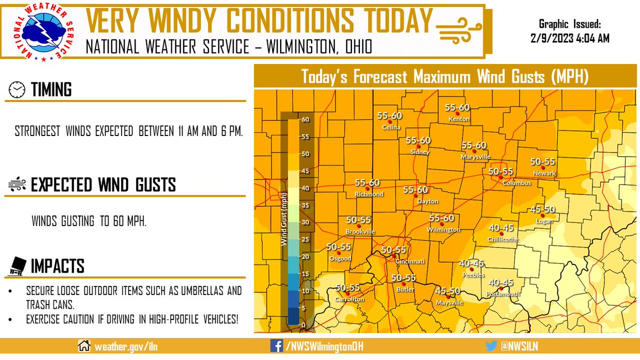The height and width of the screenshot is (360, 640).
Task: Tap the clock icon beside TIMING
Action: click(x=17, y=90)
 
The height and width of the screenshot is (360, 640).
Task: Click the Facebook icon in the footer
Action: click(x=276, y=346)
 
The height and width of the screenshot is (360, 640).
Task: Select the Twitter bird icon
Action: click(x=492, y=346)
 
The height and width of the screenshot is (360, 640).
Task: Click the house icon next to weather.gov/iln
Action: click(x=84, y=346)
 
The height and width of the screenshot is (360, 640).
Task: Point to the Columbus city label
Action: click(x=517, y=183)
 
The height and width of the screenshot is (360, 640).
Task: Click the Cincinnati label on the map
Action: click(x=409, y=262)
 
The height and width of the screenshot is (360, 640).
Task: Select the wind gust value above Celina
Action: click(x=389, y=115)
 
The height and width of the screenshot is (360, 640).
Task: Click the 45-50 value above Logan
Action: click(x=542, y=210)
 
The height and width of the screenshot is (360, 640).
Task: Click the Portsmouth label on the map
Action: click(x=502, y=294)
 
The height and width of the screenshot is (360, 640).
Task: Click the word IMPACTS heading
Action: click(x=57, y=266)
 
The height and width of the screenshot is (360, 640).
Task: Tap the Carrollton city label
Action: click(x=349, y=300)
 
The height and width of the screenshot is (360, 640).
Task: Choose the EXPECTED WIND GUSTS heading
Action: click(x=103, y=186)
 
